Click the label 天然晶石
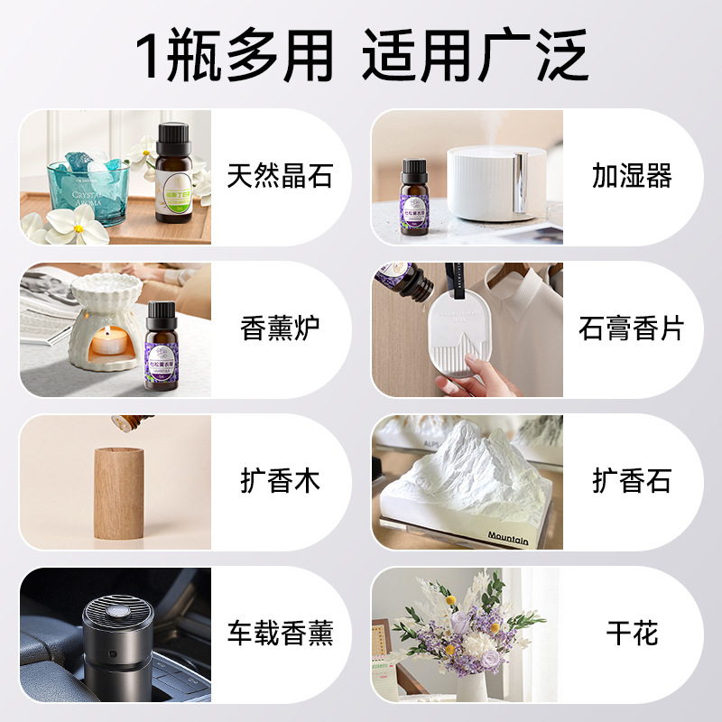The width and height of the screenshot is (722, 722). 280,176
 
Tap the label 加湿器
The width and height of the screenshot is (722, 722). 632,176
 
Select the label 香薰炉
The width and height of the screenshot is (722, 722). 280,329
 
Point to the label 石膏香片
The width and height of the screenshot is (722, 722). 632,329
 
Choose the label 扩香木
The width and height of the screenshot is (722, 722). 280,481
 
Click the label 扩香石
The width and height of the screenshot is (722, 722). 632,481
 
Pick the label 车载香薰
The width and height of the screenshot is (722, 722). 280,634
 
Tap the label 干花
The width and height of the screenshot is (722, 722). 632,634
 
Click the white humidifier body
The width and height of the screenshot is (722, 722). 487,185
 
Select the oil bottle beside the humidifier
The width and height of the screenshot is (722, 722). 415,200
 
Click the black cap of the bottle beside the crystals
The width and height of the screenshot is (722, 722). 172,138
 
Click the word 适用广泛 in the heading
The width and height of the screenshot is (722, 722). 476,56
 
